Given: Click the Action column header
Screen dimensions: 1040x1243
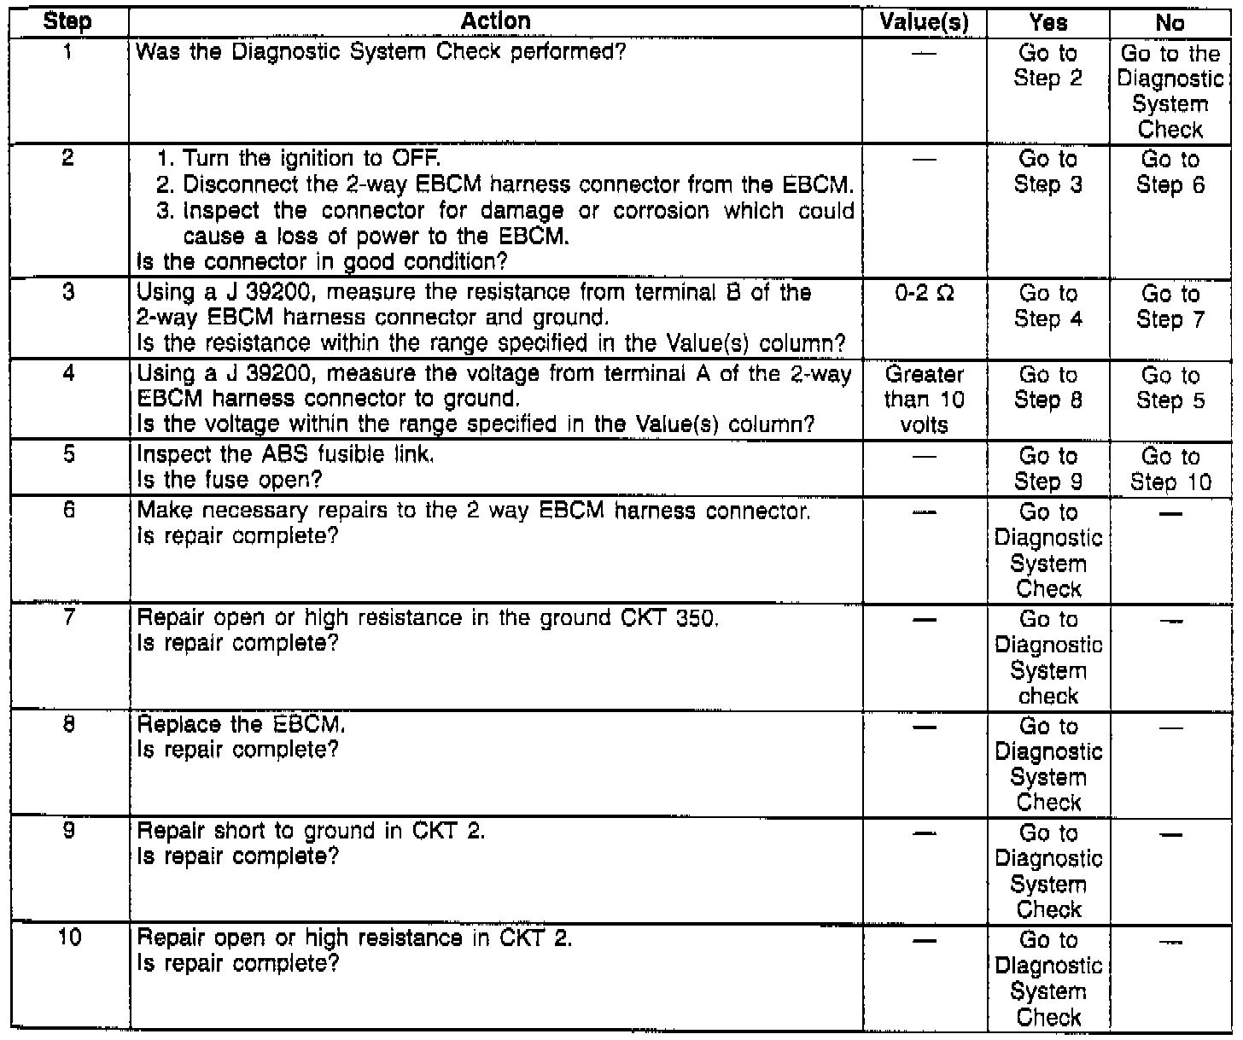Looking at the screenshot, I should click(x=495, y=21).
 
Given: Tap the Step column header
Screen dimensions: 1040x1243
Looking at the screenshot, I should click(x=67, y=22).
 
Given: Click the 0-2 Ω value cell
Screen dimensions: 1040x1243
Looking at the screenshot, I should click(x=924, y=293).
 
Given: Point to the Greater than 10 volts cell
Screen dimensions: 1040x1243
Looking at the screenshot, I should click(x=924, y=399).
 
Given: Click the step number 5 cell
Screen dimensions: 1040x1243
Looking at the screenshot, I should click(x=67, y=455).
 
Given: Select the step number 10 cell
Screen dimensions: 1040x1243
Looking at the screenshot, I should click(x=67, y=938).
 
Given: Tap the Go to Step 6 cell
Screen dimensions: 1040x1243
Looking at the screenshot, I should click(x=1170, y=172).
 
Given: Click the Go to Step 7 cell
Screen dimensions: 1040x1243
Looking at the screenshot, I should click(x=1170, y=307).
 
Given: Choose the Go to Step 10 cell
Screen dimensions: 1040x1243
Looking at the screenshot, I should click(x=1170, y=469).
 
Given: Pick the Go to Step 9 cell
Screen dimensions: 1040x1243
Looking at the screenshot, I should click(x=1048, y=469).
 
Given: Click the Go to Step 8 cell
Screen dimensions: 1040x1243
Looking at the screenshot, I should click(x=1048, y=388).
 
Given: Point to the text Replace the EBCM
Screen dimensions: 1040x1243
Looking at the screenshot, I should click(x=241, y=725).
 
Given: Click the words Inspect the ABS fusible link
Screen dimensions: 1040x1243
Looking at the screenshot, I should click(x=286, y=455).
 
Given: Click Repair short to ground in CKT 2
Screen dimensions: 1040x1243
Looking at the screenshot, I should click(x=311, y=831).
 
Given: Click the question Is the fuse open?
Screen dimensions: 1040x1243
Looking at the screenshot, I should click(x=230, y=480).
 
